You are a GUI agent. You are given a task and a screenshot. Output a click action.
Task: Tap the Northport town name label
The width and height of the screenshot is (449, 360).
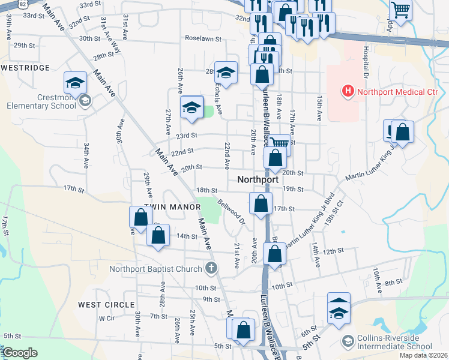258,179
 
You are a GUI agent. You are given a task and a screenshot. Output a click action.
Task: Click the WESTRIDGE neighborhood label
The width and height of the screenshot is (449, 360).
25,68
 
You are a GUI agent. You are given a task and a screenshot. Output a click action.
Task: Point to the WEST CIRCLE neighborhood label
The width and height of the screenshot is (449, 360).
106,305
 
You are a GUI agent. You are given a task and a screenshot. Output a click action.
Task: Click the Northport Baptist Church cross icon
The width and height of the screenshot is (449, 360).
211,268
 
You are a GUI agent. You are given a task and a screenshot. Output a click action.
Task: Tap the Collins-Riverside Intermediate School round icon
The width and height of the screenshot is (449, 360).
348,341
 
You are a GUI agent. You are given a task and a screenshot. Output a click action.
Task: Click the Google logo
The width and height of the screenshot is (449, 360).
20,353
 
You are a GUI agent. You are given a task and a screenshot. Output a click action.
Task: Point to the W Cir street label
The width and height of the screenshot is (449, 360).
106,318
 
